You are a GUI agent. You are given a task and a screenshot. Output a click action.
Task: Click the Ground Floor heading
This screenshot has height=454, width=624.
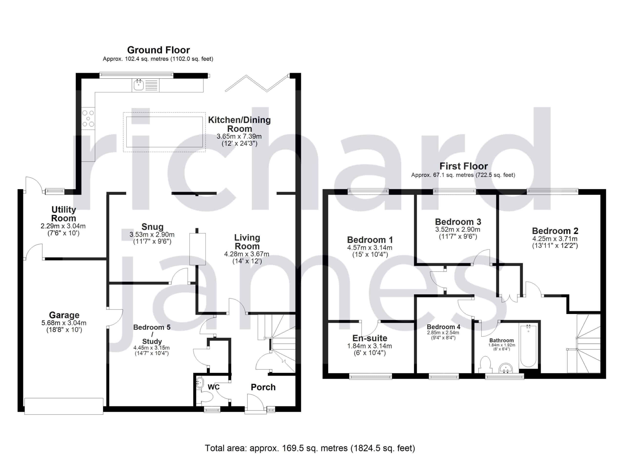pyautogui.click(x=158, y=50)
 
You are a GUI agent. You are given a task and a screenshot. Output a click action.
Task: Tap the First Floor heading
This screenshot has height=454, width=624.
pyautogui.click(x=464, y=166)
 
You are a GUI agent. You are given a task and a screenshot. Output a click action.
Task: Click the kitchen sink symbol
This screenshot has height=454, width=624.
pyautogui.click(x=138, y=85)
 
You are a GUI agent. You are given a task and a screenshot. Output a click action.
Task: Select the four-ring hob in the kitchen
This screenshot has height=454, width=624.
pyautogui.click(x=88, y=118)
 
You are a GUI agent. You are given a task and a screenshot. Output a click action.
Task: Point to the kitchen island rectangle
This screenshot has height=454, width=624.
pyautogui.click(x=165, y=132)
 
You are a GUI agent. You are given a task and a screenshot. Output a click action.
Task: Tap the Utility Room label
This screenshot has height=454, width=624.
pyautogui.click(x=64, y=214)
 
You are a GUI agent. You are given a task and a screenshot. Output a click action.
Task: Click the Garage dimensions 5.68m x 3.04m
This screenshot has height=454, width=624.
pyautogui.click(x=64, y=323)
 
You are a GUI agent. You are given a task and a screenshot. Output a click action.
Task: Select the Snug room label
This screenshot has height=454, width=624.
pyautogui.click(x=152, y=227)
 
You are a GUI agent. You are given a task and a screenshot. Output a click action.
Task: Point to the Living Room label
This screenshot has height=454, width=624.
pyautogui.click(x=247, y=242)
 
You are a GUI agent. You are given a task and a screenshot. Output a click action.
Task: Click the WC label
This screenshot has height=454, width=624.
pyautogui.click(x=214, y=387)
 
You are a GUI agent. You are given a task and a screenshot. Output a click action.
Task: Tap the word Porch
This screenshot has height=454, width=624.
pyautogui.click(x=263, y=387)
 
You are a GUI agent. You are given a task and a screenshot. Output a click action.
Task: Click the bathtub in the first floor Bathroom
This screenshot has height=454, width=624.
pyautogui.click(x=528, y=346)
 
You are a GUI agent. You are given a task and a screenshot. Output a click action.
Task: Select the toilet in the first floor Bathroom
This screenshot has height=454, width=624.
pyautogui.click(x=485, y=365)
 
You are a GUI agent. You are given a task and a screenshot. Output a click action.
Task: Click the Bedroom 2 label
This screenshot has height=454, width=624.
pyautogui.click(x=555, y=231)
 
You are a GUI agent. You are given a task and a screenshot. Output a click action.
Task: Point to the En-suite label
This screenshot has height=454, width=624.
pyautogui.click(x=370, y=338)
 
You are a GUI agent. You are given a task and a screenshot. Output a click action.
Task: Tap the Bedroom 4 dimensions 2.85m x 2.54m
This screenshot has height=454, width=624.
pyautogui.click(x=443, y=333)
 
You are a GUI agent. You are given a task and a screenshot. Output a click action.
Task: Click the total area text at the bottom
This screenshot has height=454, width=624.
pyautogui.click(x=310, y=448)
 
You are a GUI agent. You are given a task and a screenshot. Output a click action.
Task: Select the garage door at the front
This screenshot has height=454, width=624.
pyautogui.click(x=64, y=406)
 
